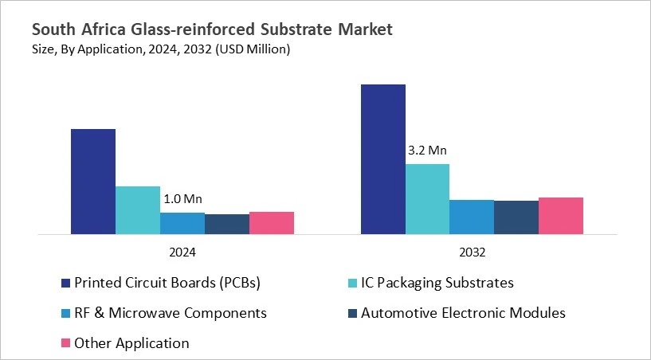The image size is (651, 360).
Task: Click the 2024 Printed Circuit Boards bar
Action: point(93,182)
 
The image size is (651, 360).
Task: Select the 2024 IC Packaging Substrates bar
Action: point(138,210)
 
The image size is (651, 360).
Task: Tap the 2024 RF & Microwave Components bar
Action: point(182,224)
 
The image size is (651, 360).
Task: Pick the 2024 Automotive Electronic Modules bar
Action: point(227,225)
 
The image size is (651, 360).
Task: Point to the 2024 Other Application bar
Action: point(272,223)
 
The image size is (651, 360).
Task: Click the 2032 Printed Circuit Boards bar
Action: point(383,159)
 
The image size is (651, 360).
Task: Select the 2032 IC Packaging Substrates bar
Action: point(428,199)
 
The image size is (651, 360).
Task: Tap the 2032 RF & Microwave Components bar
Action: point(473,217)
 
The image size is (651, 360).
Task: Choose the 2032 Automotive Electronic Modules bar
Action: point(516,217)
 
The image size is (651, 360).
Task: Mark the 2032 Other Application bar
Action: point(561,216)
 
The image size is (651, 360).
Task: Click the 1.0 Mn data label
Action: point(182,199)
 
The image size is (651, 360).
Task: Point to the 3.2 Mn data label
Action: point(428,151)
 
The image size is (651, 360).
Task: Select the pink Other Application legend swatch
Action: point(65,344)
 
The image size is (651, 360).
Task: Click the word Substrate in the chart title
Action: point(294,30)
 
